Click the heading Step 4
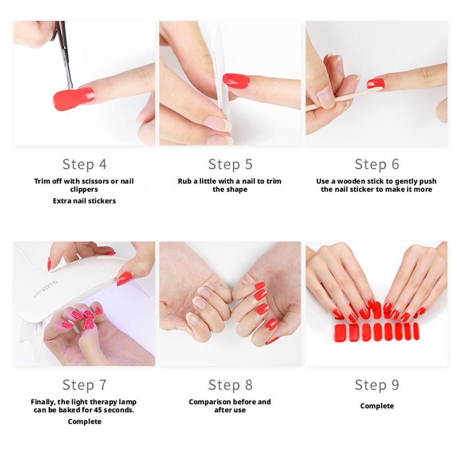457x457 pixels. click(x=84, y=164)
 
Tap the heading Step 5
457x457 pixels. click(x=230, y=164)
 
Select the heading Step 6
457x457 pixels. click(x=377, y=164)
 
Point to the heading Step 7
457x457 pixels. click(x=84, y=385)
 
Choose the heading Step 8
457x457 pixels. click(x=230, y=385)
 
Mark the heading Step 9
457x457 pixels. click(x=377, y=385)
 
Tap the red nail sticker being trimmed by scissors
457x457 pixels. click(x=74, y=99)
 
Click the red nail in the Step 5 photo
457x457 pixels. click(x=236, y=81)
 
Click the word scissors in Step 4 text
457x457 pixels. click(x=92, y=181)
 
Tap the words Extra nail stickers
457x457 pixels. click(x=84, y=201)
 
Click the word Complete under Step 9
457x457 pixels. click(x=377, y=406)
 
